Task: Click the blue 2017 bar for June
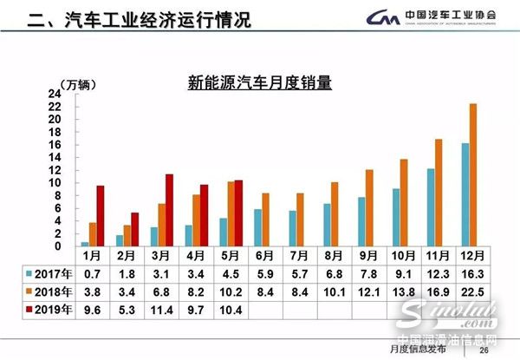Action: point(257,228)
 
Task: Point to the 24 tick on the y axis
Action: point(54,94)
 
